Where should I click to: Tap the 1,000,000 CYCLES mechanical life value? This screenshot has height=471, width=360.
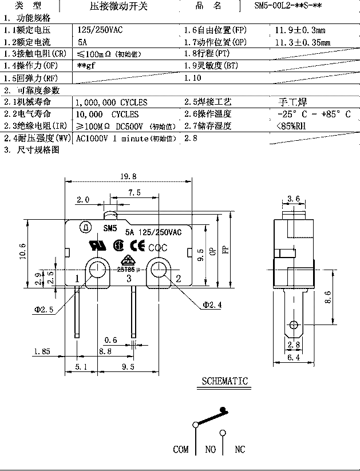[x=112, y=102]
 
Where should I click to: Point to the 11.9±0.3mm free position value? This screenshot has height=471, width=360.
[x=300, y=29]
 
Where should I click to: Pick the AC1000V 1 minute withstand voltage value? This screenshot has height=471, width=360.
[x=122, y=138]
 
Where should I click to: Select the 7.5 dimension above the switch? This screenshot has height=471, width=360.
[x=134, y=193]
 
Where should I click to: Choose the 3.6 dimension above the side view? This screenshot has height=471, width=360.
[x=293, y=199]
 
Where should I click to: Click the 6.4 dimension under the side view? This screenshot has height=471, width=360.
[x=293, y=357]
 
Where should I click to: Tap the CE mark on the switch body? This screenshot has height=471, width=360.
[x=139, y=246]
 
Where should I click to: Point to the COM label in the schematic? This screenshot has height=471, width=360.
[x=181, y=449]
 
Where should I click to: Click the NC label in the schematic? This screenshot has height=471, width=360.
[x=239, y=449]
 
